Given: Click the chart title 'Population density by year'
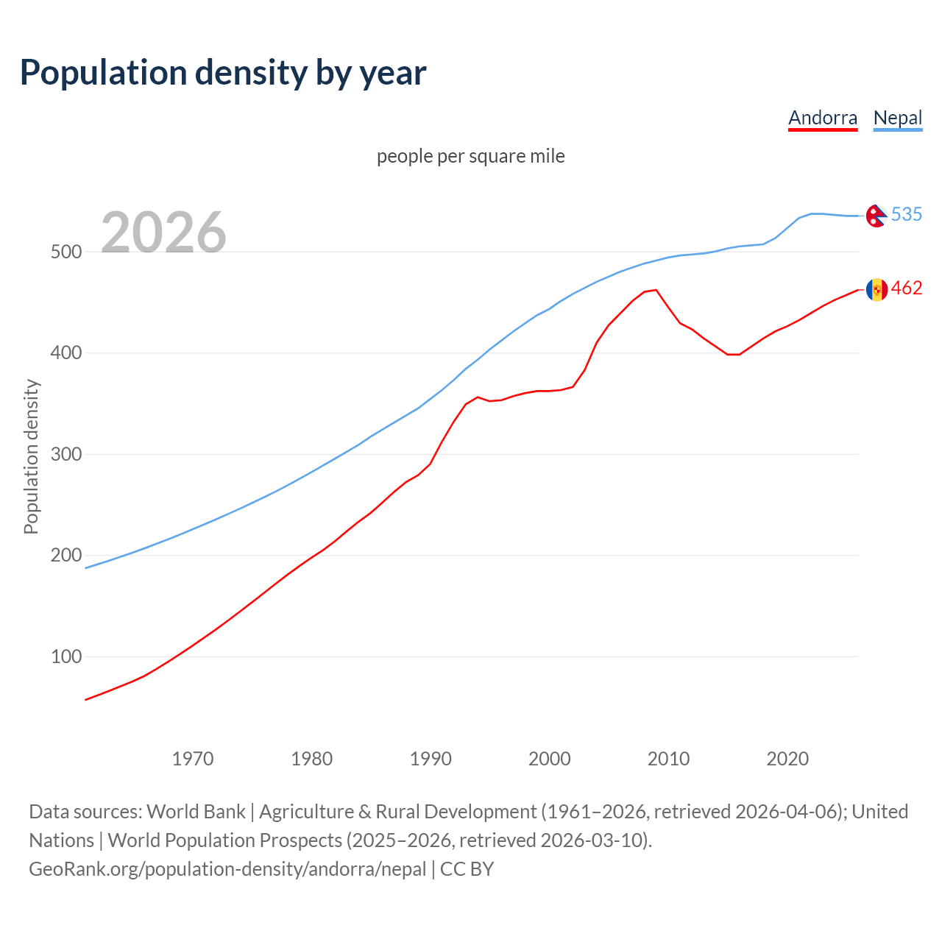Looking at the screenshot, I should [x=223, y=73].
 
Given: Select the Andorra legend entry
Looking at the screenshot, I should [x=823, y=118].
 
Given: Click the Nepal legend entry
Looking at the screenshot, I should [x=897, y=118].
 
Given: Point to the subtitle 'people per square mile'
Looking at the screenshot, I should [x=471, y=156].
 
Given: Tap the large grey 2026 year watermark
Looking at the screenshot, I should [x=163, y=232].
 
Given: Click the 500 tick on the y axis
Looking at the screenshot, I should [x=65, y=252].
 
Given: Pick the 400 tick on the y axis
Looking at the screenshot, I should [x=65, y=353].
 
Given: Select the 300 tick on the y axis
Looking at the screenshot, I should [x=65, y=454].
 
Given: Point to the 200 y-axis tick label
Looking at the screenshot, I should [x=65, y=556].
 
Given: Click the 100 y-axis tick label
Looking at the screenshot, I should [x=65, y=656].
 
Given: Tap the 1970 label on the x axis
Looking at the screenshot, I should [x=193, y=759].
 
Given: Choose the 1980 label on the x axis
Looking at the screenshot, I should [x=312, y=759].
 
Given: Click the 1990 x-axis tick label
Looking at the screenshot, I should [x=431, y=759].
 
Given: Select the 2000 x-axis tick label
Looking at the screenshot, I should [x=550, y=759].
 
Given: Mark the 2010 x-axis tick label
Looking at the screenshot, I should [x=668, y=759].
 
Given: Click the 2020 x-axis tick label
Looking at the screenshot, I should [x=787, y=759].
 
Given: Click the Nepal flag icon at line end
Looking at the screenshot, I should [x=876, y=216].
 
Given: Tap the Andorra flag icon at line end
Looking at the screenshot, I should [x=876, y=289].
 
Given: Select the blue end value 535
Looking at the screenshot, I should [x=907, y=214].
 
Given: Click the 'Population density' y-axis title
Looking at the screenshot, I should [x=31, y=456].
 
